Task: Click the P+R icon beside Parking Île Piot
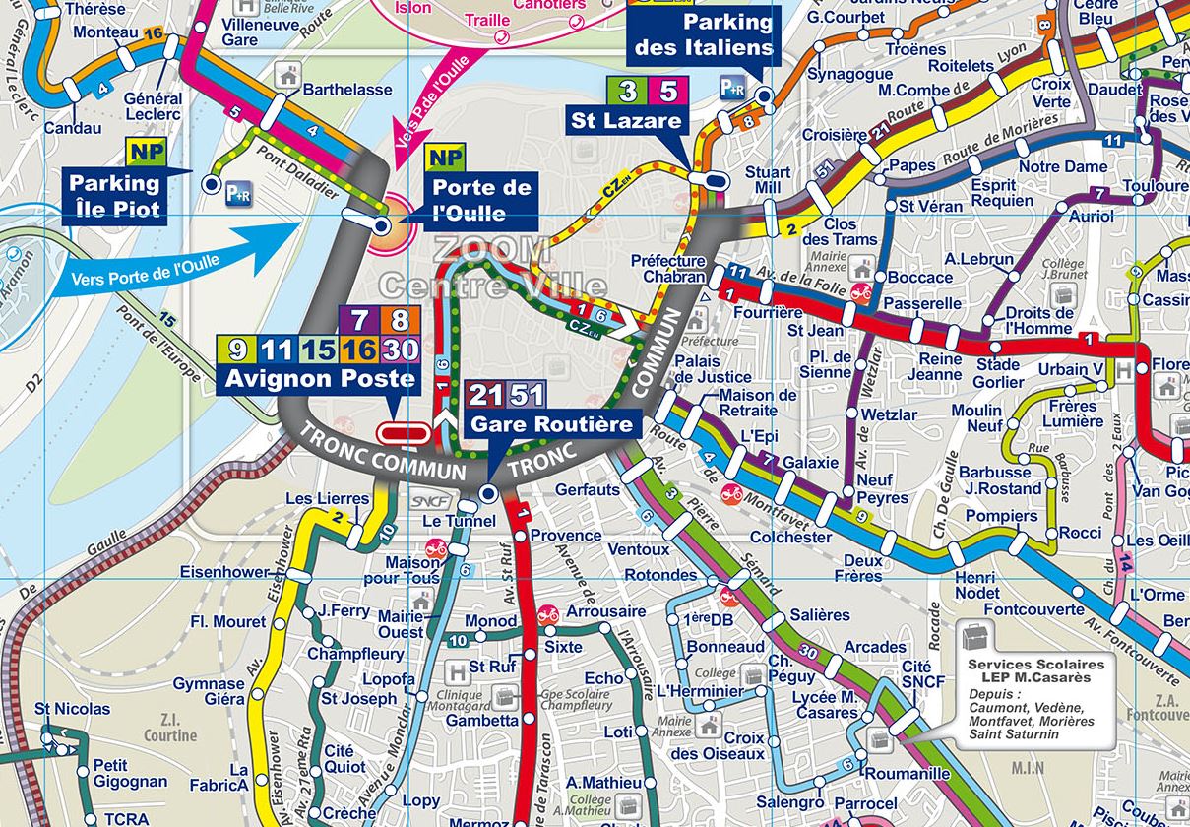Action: pyautogui.click(x=239, y=194)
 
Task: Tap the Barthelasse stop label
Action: pyautogui.click(x=346, y=90)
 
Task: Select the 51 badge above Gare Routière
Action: pyautogui.click(x=527, y=396)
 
